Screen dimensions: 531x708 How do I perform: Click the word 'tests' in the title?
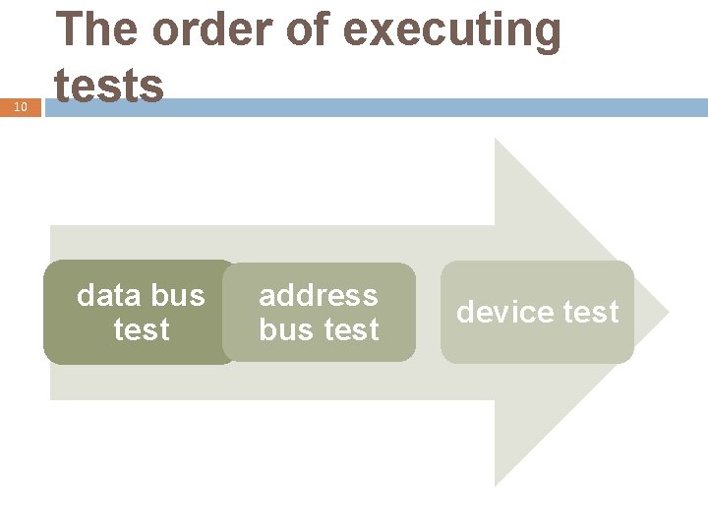click(109, 85)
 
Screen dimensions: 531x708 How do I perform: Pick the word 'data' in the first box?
click(106, 295)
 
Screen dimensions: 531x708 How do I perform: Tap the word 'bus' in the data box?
click(177, 295)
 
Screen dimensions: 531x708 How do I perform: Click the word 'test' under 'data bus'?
click(142, 329)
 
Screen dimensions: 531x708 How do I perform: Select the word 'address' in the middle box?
click(319, 295)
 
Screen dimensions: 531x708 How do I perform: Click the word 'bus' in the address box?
click(285, 329)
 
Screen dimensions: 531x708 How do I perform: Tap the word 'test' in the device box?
click(591, 313)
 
